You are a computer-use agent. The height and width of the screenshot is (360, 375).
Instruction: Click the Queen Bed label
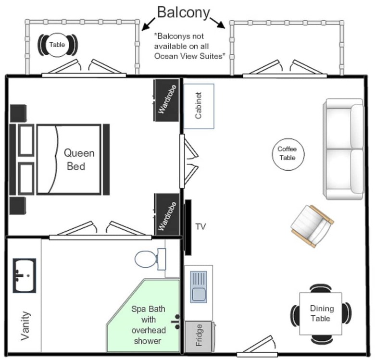[x=79, y=160]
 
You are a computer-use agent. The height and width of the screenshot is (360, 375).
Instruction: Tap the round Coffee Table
[x=288, y=154]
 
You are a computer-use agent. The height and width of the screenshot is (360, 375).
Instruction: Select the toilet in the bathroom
[x=150, y=259]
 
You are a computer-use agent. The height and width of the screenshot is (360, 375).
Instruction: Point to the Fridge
[x=199, y=336]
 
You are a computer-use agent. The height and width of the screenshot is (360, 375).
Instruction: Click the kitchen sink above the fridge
[x=199, y=287]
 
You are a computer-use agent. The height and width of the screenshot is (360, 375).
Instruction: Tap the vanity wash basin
[x=25, y=275]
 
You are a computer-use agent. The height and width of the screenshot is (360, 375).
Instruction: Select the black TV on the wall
[x=188, y=227]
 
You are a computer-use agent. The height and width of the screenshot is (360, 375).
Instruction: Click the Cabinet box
[x=199, y=106]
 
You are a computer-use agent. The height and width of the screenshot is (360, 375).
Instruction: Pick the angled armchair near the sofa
[x=312, y=226]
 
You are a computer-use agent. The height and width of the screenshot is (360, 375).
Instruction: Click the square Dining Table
[x=321, y=314]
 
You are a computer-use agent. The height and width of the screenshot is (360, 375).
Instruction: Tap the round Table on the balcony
[x=57, y=45]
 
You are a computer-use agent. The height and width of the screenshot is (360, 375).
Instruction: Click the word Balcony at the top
[x=184, y=12]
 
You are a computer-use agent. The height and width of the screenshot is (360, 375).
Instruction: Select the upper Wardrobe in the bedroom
[x=167, y=100]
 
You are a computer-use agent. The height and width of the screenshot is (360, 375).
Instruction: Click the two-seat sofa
[x=343, y=149]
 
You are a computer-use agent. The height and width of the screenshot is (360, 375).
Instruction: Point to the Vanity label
[x=25, y=325]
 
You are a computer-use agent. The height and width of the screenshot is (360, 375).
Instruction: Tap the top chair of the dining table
[x=321, y=288]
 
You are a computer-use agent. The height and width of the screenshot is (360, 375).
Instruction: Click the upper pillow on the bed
[x=26, y=140]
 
